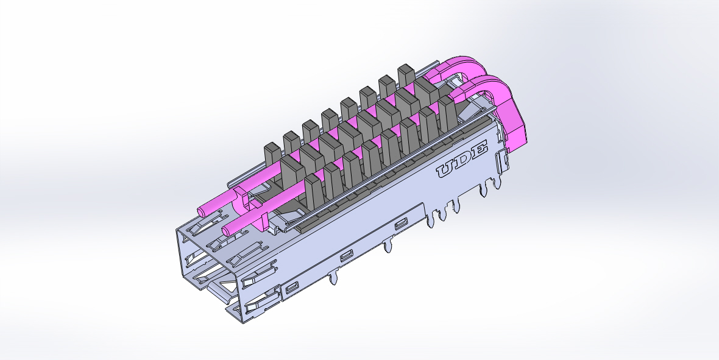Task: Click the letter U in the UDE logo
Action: click(x=446, y=170)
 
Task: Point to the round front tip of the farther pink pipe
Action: click(x=202, y=212)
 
